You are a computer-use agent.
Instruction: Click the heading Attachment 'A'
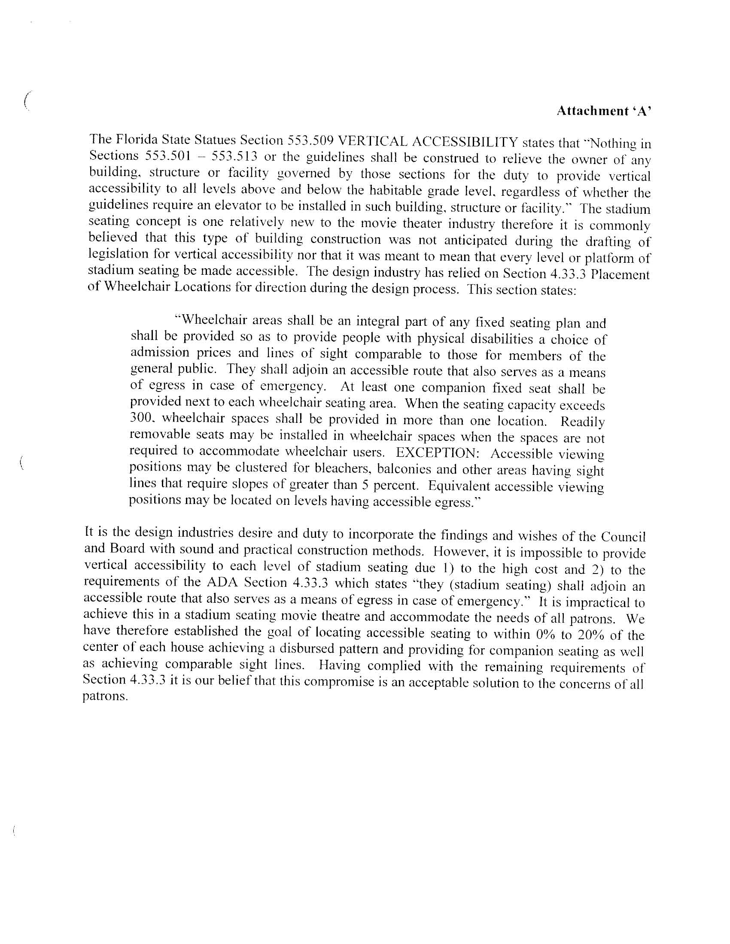(x=603, y=112)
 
